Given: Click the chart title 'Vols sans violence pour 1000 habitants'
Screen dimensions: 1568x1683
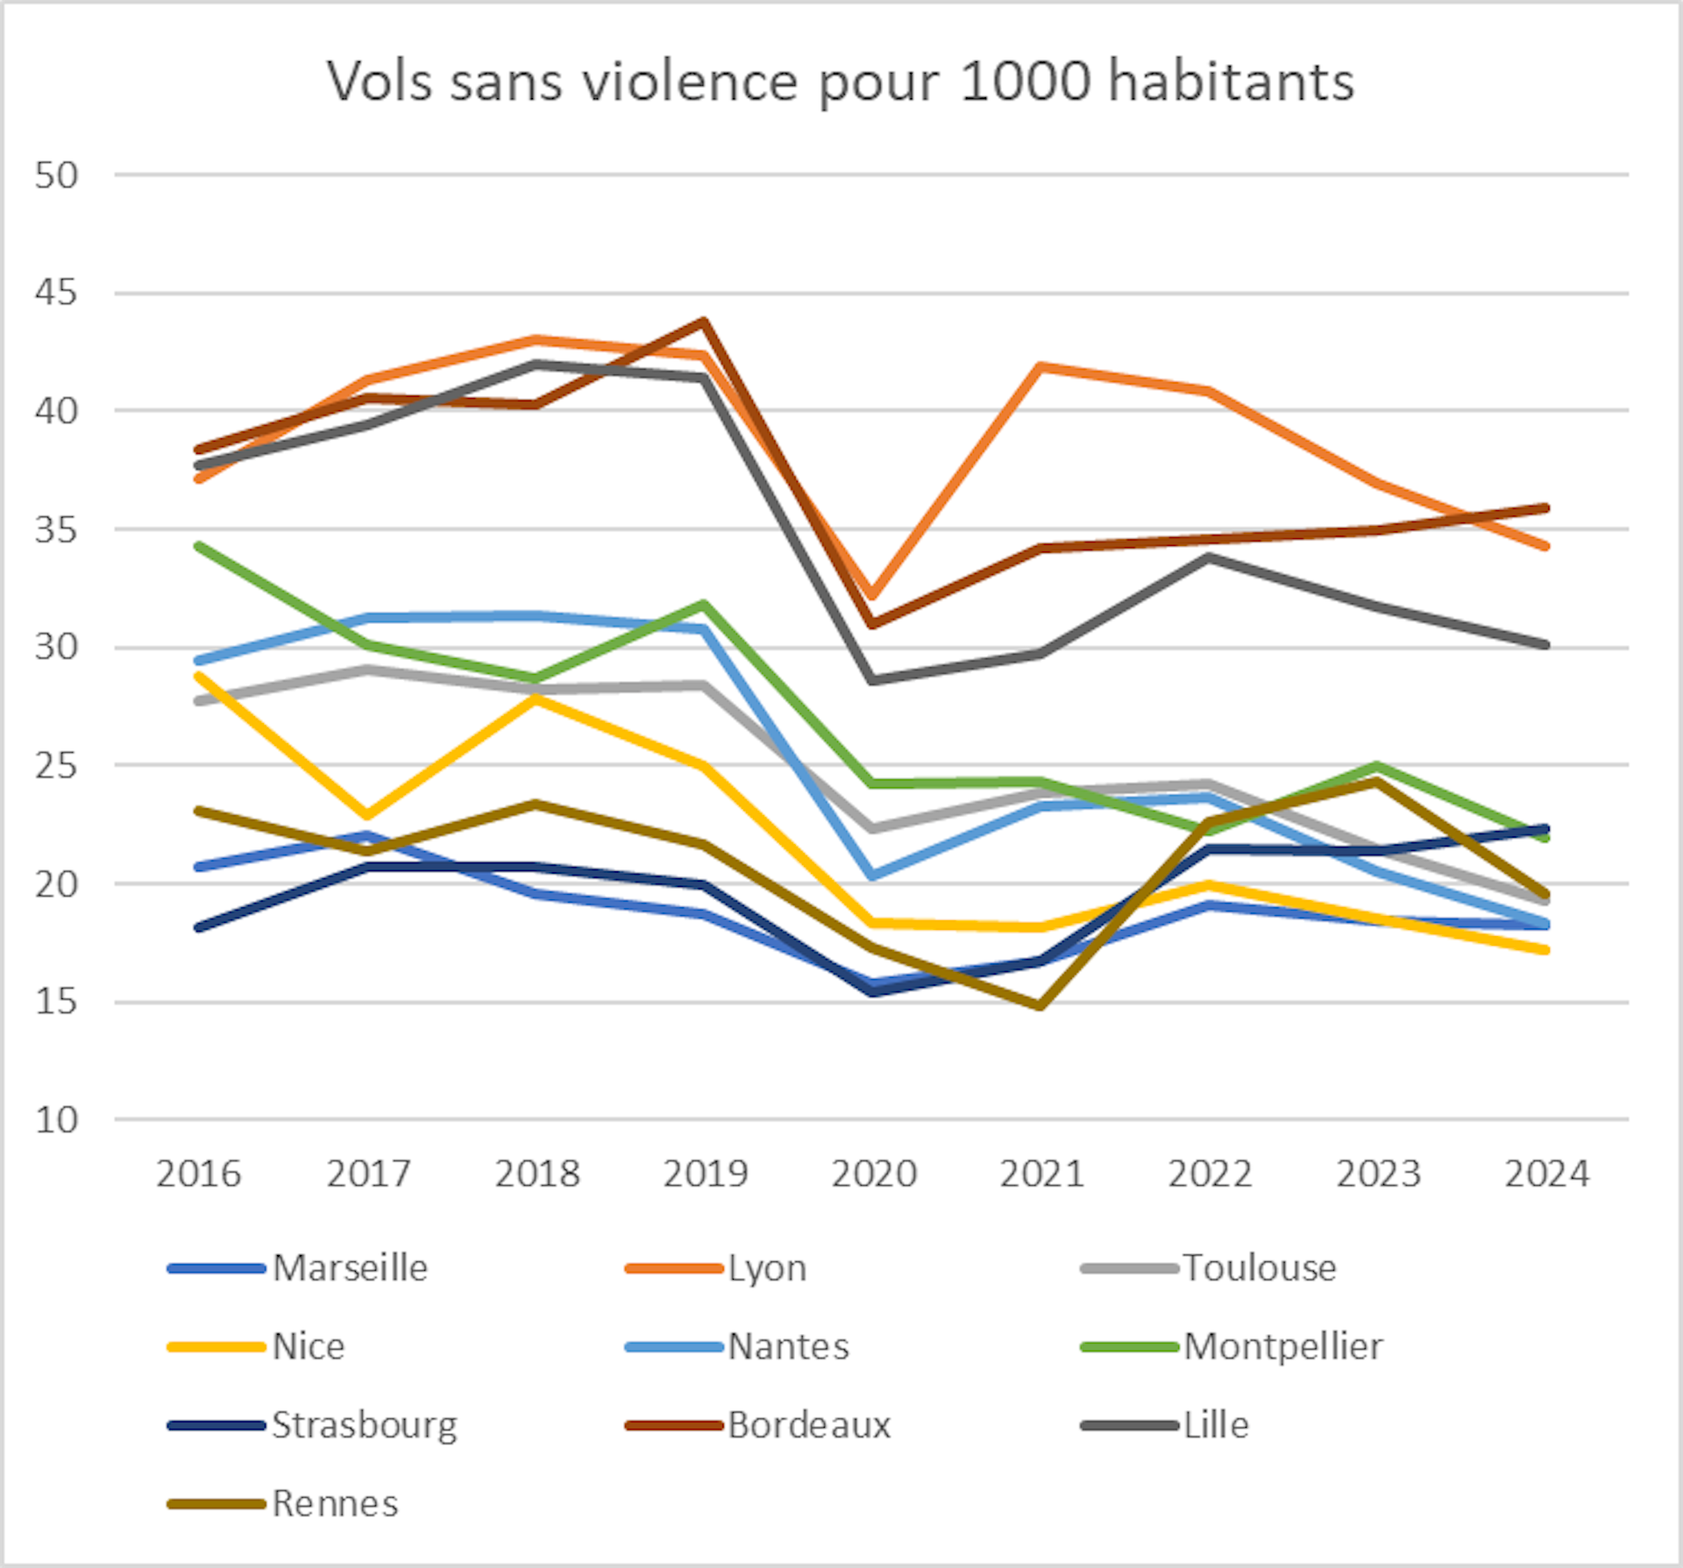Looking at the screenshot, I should coord(841,82).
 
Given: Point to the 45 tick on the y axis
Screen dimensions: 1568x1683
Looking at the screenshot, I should coord(56,293).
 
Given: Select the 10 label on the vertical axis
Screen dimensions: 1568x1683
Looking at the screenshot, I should coord(56,1119).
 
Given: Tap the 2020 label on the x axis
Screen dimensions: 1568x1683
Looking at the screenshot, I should coord(874,1174).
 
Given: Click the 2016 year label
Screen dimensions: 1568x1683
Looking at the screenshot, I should coord(199,1174).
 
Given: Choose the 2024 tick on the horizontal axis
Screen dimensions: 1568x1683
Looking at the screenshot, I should coord(1547,1174).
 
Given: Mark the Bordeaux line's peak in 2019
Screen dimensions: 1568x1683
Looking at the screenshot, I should coord(704,322).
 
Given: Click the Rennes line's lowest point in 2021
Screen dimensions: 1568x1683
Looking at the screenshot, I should coord(1040,1005).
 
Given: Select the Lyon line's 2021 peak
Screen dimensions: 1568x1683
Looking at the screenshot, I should coord(1040,366).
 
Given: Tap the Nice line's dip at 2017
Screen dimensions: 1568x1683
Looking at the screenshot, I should coord(368,815).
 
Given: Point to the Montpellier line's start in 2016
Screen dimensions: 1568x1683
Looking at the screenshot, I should coord(199,546).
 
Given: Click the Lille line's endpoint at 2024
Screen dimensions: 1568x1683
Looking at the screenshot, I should coord(1545,645).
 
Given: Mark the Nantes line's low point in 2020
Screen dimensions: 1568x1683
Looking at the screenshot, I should coord(873,875).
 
